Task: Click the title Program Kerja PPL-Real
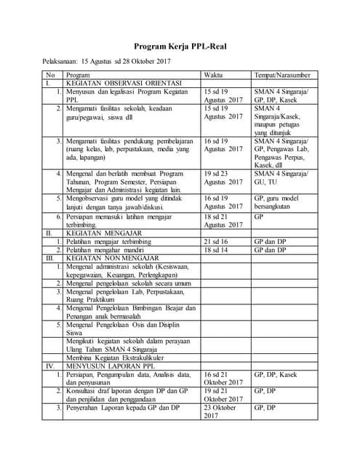pyautogui.click(x=180, y=45)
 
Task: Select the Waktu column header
pyautogui.click(x=213, y=75)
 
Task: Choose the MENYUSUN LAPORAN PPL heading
pyautogui.click(x=109, y=365)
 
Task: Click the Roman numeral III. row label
pyautogui.click(x=49, y=257)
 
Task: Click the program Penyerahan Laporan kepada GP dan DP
pyautogui.click(x=123, y=408)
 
